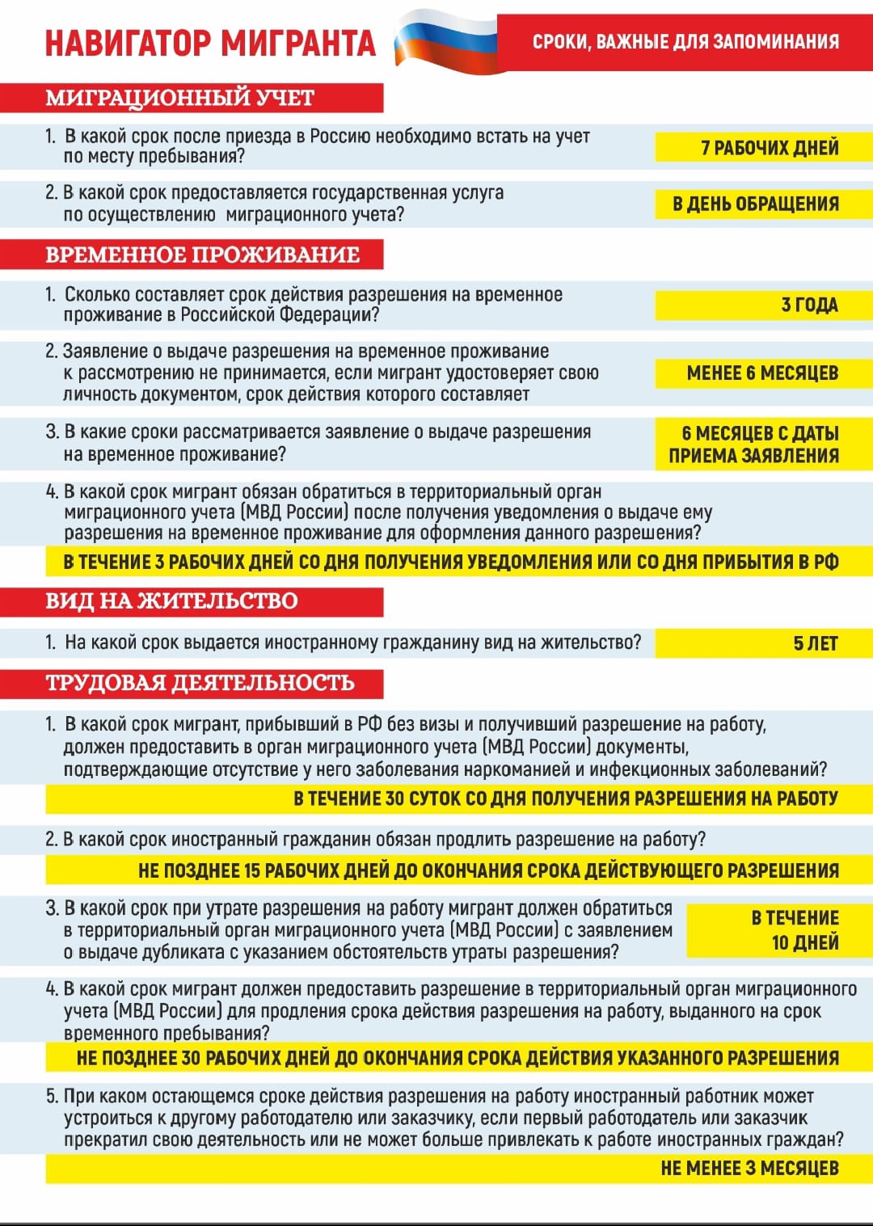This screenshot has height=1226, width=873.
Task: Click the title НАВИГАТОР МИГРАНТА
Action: (210, 43)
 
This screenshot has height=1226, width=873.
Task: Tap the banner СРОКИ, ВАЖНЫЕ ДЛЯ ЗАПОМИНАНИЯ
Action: (685, 41)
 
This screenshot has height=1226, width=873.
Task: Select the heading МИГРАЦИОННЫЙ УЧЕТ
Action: (179, 98)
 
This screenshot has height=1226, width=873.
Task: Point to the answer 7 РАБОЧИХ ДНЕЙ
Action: (770, 148)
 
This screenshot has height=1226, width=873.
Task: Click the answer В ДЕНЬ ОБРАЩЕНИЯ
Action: (756, 204)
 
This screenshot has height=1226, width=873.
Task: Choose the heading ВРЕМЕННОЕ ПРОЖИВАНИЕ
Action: (202, 255)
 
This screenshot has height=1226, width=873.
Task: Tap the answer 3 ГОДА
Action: (809, 305)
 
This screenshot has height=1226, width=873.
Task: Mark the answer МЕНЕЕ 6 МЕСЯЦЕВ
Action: (762, 373)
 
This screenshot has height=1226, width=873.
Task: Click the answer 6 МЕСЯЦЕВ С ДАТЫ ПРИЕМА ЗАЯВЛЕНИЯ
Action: (754, 444)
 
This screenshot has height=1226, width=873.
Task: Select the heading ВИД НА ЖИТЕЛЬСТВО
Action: (171, 601)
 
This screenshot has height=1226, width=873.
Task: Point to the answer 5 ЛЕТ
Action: (815, 643)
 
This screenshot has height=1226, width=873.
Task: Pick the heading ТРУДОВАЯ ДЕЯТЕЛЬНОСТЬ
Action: (200, 683)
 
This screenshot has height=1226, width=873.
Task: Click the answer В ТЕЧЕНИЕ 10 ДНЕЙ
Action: (795, 930)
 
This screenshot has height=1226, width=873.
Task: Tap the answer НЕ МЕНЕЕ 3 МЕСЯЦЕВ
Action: (749, 1169)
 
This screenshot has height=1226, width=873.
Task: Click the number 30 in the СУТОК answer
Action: (394, 798)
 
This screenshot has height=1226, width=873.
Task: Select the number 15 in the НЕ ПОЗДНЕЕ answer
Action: (252, 871)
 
